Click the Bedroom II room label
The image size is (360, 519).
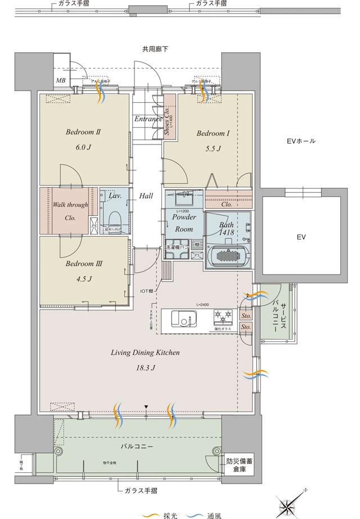pyautogui.click(x=83, y=133)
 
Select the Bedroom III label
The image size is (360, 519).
pyautogui.click(x=83, y=263)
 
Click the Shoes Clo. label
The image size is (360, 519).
pyautogui.click(x=168, y=121)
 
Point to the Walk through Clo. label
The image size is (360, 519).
pyautogui.click(x=70, y=211)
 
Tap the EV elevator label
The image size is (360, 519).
pyautogui.click(x=301, y=237)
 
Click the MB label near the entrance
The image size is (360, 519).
pyautogui.click(x=60, y=81)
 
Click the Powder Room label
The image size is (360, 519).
pyautogui.click(x=183, y=223)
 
